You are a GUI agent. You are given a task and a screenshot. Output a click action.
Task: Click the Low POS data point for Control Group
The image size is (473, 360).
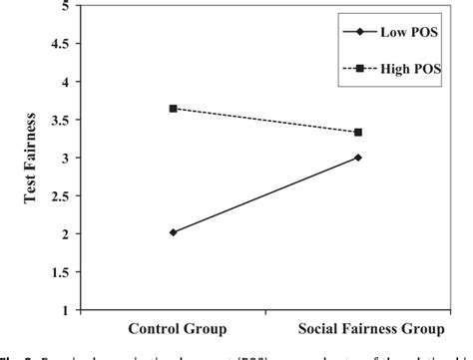point(173,232)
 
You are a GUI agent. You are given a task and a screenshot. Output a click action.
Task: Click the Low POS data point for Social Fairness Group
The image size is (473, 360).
point(358,157)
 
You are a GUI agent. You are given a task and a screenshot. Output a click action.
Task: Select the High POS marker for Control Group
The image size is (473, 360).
point(173,108)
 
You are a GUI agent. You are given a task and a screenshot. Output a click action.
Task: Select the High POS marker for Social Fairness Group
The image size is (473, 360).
point(358,132)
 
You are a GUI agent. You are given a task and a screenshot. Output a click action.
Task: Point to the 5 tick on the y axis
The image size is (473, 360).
point(66,6)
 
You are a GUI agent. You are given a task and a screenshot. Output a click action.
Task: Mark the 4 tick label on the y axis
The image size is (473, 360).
point(66,82)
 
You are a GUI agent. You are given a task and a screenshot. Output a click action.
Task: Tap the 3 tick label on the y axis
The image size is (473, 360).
point(66,158)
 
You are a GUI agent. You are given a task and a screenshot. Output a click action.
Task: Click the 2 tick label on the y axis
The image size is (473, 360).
point(66,233)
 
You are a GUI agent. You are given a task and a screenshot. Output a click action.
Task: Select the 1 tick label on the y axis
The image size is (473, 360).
point(66,309)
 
